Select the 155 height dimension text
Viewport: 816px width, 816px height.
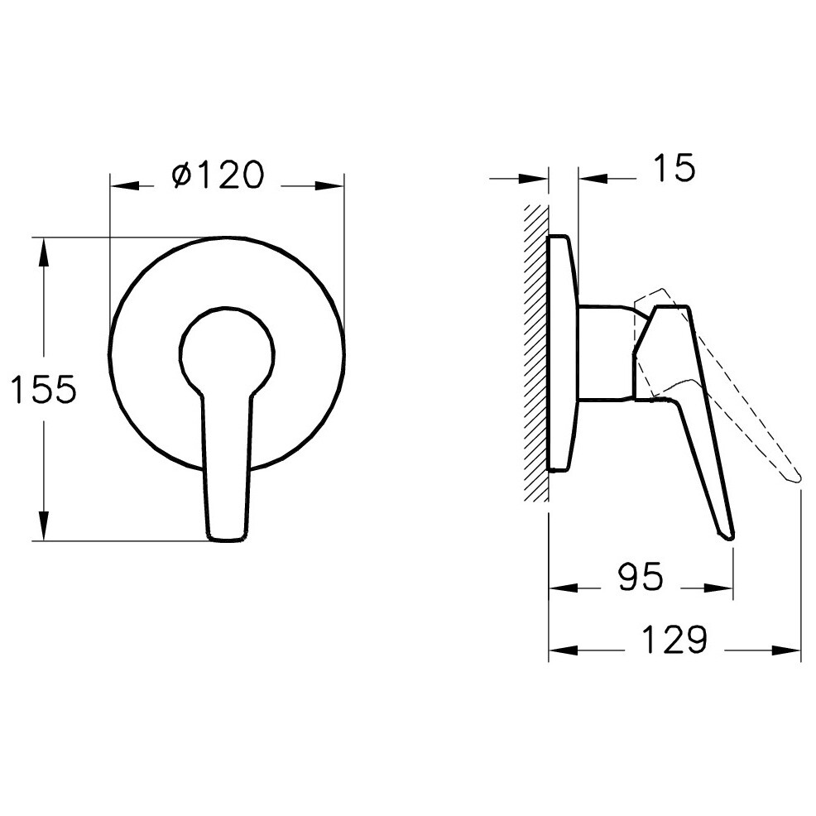(x=44, y=389)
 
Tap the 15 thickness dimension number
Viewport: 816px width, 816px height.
(x=674, y=167)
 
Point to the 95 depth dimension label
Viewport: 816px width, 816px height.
(x=641, y=577)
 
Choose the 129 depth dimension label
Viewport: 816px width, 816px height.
(x=674, y=639)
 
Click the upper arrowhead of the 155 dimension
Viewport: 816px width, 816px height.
(x=44, y=253)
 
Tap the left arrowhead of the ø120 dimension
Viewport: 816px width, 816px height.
(x=125, y=185)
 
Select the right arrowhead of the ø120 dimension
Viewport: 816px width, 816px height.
(x=329, y=185)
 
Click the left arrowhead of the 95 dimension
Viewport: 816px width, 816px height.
(x=564, y=588)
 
